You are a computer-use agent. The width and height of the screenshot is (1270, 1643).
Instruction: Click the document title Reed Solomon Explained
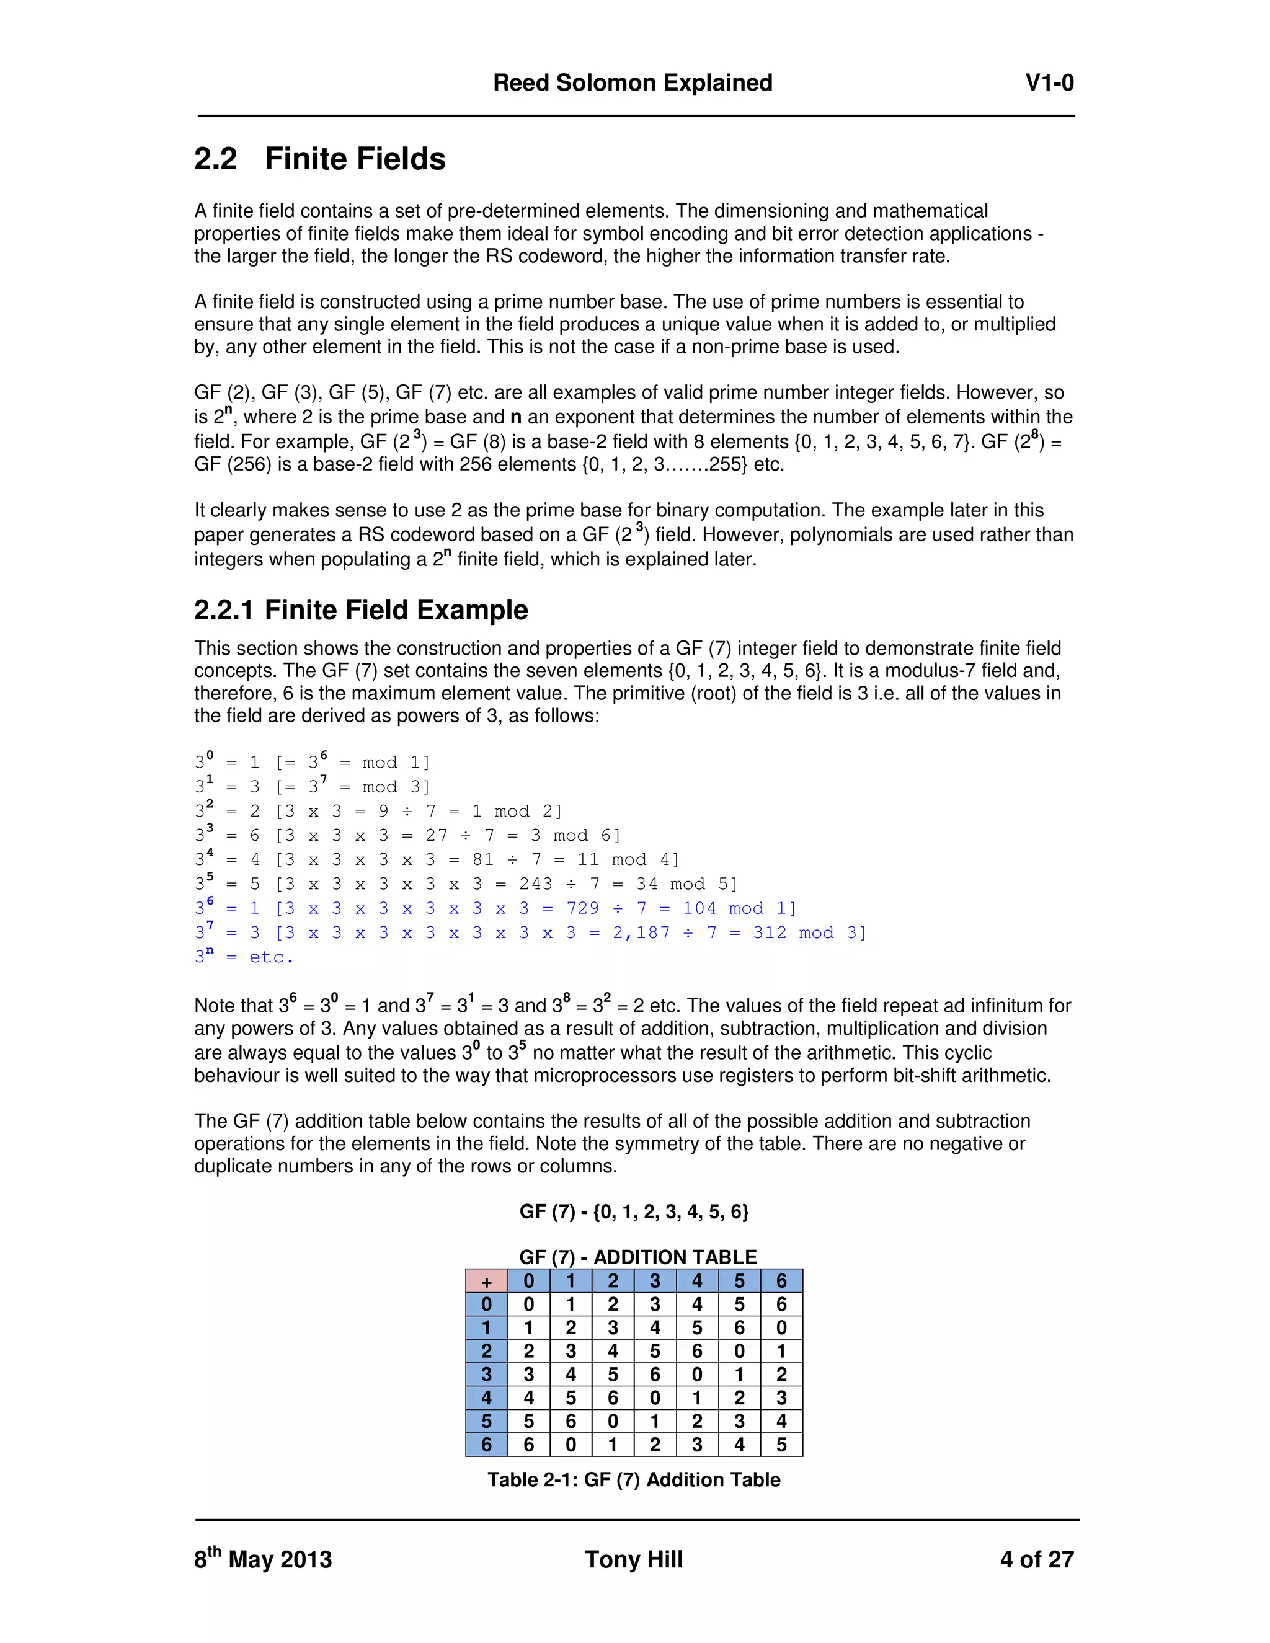632,82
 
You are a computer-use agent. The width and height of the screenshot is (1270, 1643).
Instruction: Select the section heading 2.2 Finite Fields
320,159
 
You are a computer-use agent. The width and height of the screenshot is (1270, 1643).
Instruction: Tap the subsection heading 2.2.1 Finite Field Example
361,609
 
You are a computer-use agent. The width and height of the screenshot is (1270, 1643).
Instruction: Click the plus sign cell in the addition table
486,1281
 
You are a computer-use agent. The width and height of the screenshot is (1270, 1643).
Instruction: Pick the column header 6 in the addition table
781,1281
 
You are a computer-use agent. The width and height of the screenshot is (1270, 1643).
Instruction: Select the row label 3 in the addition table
486,1375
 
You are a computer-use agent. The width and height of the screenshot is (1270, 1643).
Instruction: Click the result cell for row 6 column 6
781,1445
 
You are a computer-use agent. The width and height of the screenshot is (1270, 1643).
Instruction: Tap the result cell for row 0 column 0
528,1304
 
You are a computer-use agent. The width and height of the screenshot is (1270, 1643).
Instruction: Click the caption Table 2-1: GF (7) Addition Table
634,1480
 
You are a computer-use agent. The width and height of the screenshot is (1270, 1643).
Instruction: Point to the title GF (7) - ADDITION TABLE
637,1257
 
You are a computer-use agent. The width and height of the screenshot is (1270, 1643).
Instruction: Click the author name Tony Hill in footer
634,1559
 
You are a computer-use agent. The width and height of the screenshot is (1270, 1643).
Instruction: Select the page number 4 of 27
1036,1559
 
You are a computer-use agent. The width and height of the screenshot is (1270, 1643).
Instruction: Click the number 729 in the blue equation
582,909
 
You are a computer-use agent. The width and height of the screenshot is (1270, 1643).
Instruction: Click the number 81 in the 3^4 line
483,860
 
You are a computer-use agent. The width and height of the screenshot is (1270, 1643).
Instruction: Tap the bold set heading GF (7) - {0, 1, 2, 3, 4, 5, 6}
634,1212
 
